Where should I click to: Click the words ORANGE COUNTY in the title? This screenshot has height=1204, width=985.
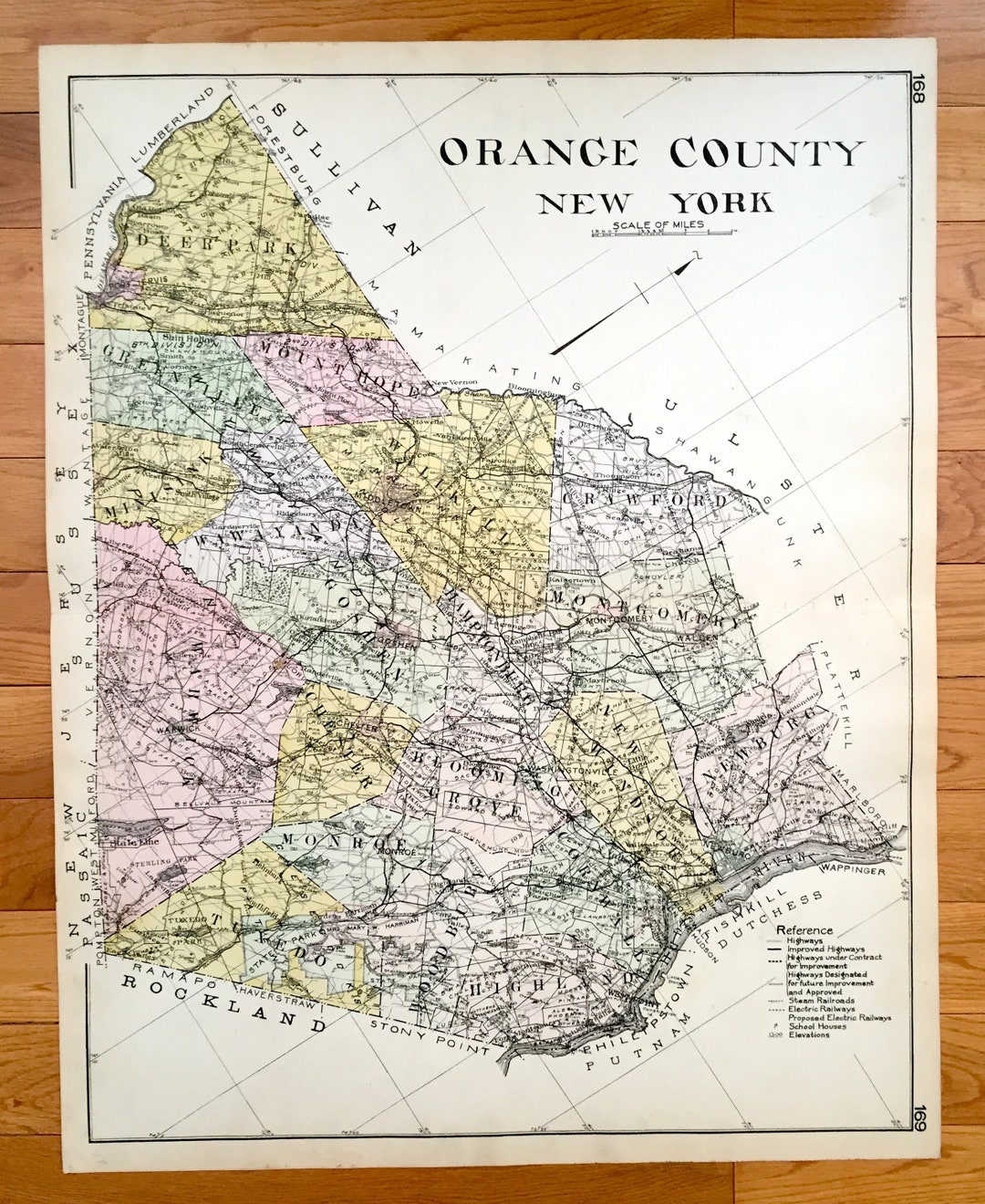651,152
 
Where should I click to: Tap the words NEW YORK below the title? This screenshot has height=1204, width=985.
655,202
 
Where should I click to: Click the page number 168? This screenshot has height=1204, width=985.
917,92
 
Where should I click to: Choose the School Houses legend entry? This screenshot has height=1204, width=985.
815,1026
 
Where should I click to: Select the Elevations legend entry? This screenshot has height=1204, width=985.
808,1034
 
